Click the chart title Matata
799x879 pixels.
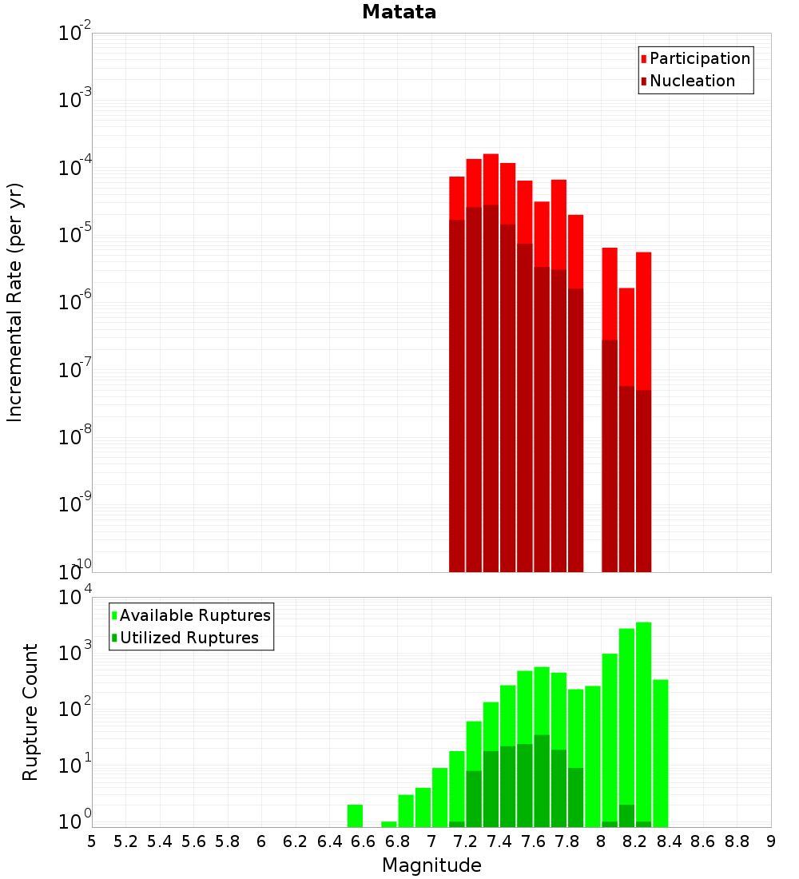[x=399, y=12]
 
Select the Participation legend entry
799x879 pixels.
[x=699, y=59]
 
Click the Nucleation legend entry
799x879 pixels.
[x=691, y=82]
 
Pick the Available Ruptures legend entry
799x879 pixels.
[x=194, y=615]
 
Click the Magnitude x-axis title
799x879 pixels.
[x=431, y=865]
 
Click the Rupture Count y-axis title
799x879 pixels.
[x=30, y=712]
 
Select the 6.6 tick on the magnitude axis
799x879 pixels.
[x=364, y=841]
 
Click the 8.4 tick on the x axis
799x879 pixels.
[x=669, y=841]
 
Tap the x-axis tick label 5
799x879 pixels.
[x=92, y=841]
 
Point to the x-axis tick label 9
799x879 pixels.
[x=771, y=841]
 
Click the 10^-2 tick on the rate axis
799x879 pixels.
[x=74, y=34]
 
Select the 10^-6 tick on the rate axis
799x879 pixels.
[x=74, y=303]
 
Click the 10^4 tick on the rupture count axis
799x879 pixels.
[x=74, y=598]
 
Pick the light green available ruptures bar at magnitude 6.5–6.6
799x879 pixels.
[x=355, y=816]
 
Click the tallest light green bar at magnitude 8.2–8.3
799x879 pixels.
[x=643, y=719]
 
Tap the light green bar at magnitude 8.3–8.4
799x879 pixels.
[x=660, y=751]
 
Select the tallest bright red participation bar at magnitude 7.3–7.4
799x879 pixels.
[x=491, y=179]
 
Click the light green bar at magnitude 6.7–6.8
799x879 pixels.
[x=388, y=824]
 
